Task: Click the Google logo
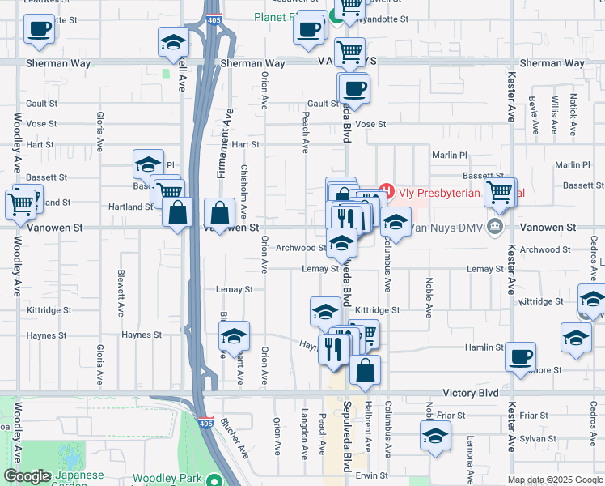pyautogui.click(x=27, y=477)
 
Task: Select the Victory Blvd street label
pyautogui.click(x=470, y=393)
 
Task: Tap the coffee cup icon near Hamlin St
pyautogui.click(x=520, y=356)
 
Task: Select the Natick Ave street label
pyautogui.click(x=573, y=114)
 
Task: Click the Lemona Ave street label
pyautogui.click(x=470, y=458)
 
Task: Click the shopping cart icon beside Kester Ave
pyautogui.click(x=499, y=192)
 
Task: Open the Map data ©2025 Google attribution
pyautogui.click(x=555, y=480)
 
